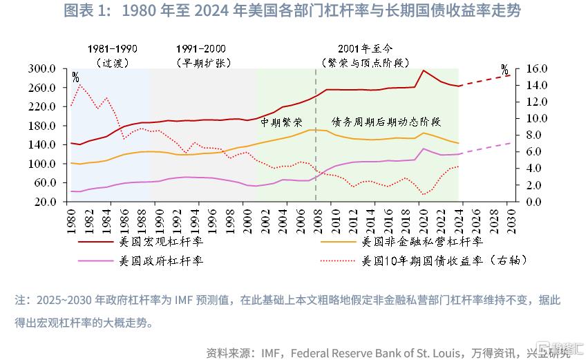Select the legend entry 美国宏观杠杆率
click(161, 242)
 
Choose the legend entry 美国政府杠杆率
click(161, 260)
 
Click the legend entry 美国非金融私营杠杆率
click(422, 242)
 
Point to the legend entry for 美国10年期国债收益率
click(444, 260)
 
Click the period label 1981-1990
click(112, 48)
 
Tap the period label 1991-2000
click(200, 48)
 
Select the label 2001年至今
click(366, 48)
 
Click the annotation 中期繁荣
click(281, 122)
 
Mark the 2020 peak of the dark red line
click(424, 70)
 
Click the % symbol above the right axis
click(504, 70)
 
